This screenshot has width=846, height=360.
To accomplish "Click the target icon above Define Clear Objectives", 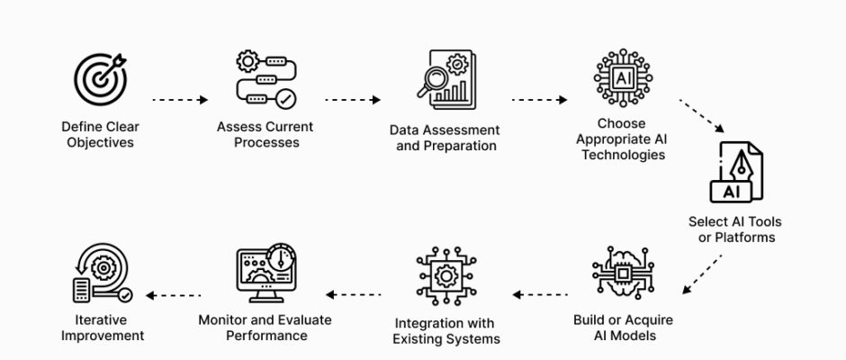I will point(100,80).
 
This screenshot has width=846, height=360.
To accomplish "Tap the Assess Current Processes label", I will point(257,134).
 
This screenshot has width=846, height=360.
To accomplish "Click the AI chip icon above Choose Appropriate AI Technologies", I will point(622,79).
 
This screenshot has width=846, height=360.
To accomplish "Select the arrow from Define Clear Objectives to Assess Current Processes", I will point(180,100).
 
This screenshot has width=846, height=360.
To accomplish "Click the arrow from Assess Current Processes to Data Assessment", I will point(354,100).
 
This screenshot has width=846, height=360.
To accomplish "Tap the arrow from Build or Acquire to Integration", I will point(542,294).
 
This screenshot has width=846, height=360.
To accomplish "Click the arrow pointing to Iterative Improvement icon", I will point(174,294).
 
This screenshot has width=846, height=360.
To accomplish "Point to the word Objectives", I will point(100,142).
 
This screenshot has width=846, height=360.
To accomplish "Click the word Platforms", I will point(744,238).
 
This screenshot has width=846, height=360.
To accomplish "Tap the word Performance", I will point(265,336).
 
